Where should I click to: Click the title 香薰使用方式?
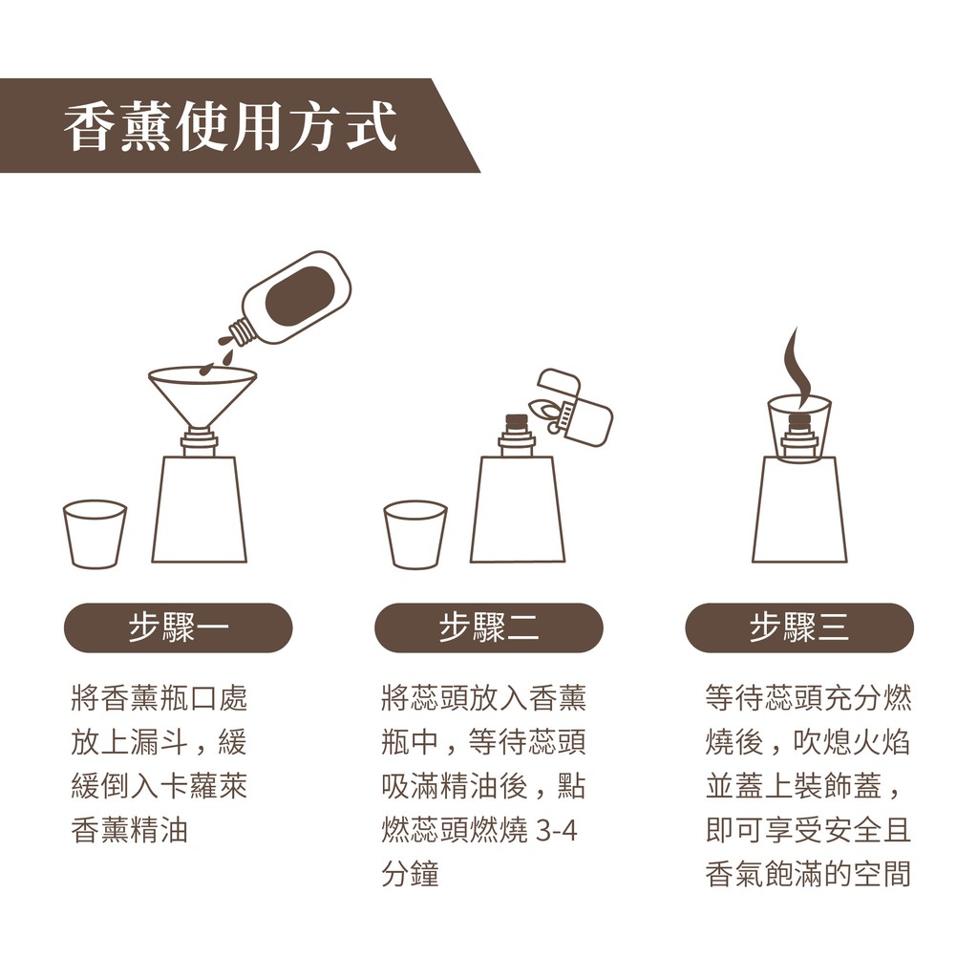231,127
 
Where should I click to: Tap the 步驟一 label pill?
179,627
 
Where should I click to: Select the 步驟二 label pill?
488,627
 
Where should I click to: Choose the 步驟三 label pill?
799,627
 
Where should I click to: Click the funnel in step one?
202,398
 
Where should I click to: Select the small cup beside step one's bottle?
95,534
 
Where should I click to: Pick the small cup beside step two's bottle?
415,534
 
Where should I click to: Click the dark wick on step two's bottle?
517,422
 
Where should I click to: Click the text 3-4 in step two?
557,830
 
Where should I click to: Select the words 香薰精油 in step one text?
130,830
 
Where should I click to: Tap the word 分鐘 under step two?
411,874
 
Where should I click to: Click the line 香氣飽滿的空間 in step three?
808,874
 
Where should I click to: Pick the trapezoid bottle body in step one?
200,509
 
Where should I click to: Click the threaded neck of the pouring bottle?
242,331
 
